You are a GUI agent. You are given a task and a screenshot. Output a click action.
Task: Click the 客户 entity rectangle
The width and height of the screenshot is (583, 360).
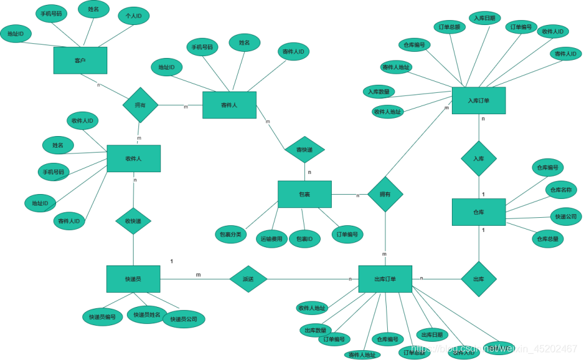(x=80, y=60)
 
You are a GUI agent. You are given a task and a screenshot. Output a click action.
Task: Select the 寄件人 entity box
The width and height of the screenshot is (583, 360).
(x=229, y=105)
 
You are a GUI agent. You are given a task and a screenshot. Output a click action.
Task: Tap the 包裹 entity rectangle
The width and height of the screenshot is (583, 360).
(x=304, y=194)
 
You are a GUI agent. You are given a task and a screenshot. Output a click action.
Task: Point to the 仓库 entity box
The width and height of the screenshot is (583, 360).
(x=478, y=212)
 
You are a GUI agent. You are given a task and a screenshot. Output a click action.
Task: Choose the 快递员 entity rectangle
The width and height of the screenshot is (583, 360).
(x=133, y=279)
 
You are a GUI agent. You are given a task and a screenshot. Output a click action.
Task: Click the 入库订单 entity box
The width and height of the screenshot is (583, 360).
(x=478, y=100)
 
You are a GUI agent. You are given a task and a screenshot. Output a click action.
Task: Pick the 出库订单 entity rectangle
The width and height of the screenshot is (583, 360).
(x=385, y=279)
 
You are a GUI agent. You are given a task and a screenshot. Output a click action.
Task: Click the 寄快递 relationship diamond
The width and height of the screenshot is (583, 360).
(x=304, y=149)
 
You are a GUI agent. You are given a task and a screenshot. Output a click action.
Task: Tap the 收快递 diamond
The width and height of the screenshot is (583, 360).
(x=133, y=221)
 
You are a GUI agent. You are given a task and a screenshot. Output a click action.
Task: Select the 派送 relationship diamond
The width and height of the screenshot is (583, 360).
(x=248, y=279)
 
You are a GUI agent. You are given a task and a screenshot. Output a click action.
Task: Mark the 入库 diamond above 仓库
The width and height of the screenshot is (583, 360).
(x=478, y=158)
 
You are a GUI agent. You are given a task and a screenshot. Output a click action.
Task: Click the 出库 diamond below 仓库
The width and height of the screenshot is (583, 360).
(x=478, y=279)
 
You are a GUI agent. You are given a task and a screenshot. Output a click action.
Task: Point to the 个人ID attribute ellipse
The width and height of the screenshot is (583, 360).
(x=134, y=16)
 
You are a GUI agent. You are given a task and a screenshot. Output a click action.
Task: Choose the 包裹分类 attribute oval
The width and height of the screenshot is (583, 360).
(x=231, y=234)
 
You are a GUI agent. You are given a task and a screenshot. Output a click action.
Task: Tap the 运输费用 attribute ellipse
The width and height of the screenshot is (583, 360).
(x=271, y=239)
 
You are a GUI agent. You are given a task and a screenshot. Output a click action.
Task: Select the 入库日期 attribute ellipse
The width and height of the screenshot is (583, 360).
(x=485, y=18)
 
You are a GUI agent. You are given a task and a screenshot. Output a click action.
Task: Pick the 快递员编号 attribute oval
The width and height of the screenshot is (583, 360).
(x=102, y=317)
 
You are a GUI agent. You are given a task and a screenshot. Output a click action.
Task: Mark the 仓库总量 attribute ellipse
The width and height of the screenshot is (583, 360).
(x=546, y=239)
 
